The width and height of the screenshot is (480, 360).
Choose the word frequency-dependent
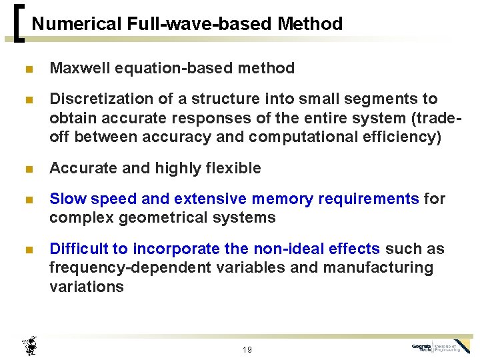click(x=129, y=268)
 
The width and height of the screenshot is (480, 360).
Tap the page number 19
click(x=247, y=350)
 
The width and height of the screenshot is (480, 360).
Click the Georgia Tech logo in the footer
click(x=440, y=347)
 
